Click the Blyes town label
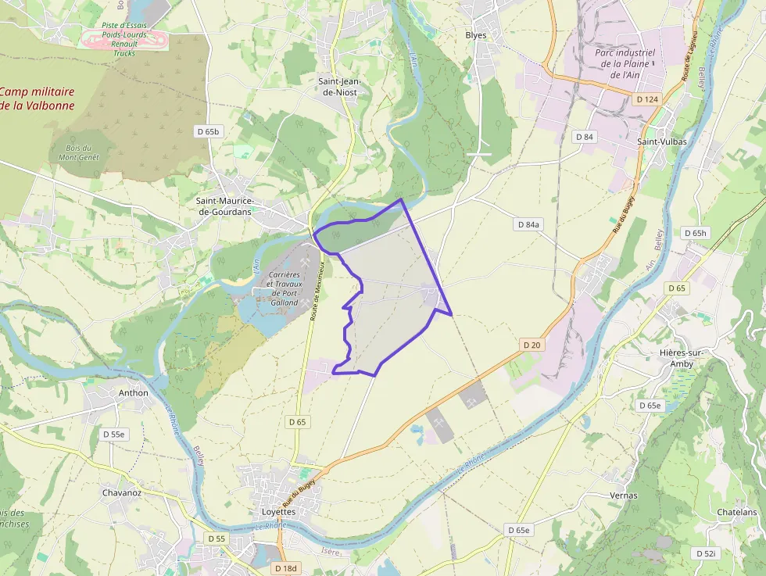475,35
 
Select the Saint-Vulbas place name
662,142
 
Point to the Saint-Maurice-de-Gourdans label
224,206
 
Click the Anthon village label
133,392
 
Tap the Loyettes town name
278,512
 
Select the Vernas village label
623,496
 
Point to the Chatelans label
736,513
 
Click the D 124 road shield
647,99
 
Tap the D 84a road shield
528,224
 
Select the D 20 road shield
532,345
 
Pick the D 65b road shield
208,131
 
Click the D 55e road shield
114,434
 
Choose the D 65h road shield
695,233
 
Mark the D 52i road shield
705,553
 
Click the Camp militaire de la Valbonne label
38,98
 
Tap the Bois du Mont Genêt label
79,152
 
